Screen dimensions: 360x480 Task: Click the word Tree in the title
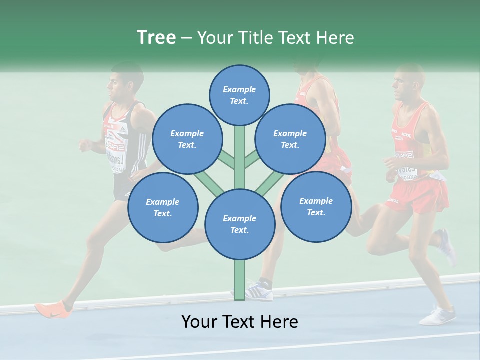coord(156,38)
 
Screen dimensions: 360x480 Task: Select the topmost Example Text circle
coord(239,95)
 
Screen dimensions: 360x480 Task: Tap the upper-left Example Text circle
coord(187,139)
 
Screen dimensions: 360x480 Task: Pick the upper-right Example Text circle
coord(290,139)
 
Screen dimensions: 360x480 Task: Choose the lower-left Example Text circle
coord(163,208)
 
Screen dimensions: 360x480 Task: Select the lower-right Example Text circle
coord(316,207)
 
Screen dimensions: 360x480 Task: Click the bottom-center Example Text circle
coord(240,224)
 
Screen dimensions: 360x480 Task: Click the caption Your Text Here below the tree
coord(240,322)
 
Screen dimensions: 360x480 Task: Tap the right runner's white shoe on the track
coord(437,316)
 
